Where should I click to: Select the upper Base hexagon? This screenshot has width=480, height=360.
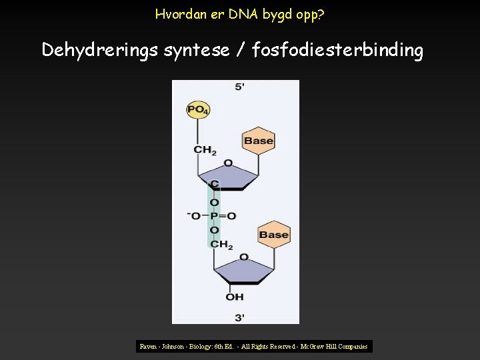coord(258,141)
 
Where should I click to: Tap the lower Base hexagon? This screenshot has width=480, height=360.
coord(273,235)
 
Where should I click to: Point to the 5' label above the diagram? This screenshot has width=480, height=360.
coord(239,87)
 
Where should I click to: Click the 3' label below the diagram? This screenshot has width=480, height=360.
coord(239,317)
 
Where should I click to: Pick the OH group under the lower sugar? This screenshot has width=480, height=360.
coord(235,297)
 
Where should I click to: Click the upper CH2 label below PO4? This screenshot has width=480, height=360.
coord(205,150)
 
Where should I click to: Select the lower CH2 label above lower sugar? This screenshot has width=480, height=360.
coord(221,245)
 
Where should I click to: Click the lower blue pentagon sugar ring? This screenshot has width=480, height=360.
coord(243,271)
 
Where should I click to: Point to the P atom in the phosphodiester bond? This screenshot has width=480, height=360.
coord(214,216)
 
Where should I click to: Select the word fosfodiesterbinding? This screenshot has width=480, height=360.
coord(337,50)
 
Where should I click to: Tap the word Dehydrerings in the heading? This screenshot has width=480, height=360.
coord(100,50)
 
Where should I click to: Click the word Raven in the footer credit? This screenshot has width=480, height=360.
coord(149,347)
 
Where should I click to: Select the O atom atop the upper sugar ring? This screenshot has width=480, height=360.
coord(228,163)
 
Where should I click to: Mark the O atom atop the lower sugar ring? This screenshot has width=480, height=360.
coord(243,257)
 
